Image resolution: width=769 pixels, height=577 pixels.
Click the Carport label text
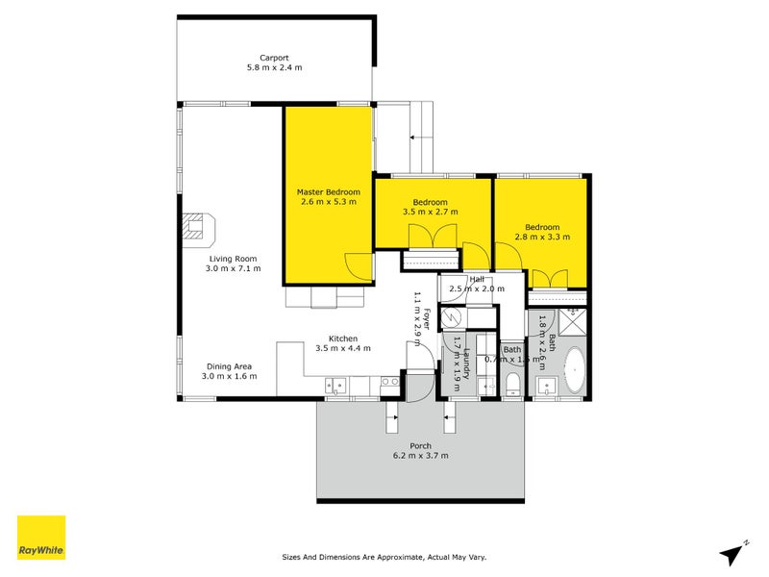coord(274,57)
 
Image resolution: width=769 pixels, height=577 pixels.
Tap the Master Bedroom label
coord(329,192)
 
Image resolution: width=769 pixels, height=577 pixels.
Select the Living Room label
coord(234,258)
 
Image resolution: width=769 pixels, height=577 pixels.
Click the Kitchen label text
coord(343,339)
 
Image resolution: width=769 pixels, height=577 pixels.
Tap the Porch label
coord(420,446)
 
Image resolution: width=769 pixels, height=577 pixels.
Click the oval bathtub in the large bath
coord(575,371)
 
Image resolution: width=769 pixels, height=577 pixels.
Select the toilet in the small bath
coord(512,386)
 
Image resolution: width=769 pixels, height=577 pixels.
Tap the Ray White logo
coord(41,538)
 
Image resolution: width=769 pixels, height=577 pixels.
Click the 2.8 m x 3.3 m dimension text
coord(542,237)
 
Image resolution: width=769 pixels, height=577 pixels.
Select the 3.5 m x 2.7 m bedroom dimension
coord(431,212)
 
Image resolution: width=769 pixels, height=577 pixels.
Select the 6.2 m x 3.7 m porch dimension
coord(420,456)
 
